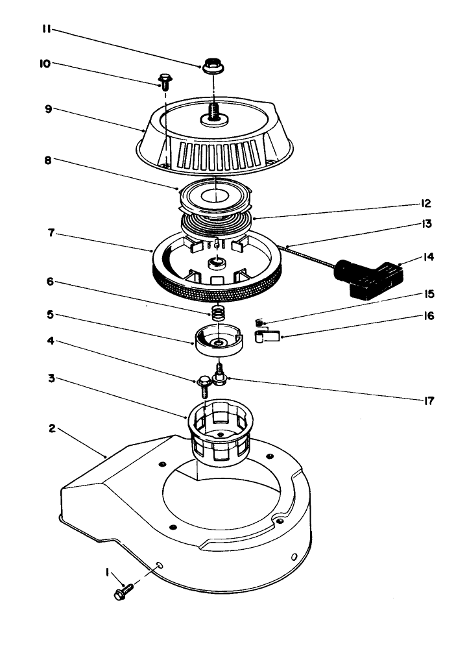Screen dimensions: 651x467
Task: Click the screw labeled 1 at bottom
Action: click(x=123, y=591)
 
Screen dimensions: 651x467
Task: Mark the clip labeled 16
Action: click(x=265, y=336)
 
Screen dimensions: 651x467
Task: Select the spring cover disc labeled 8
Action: click(x=214, y=195)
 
